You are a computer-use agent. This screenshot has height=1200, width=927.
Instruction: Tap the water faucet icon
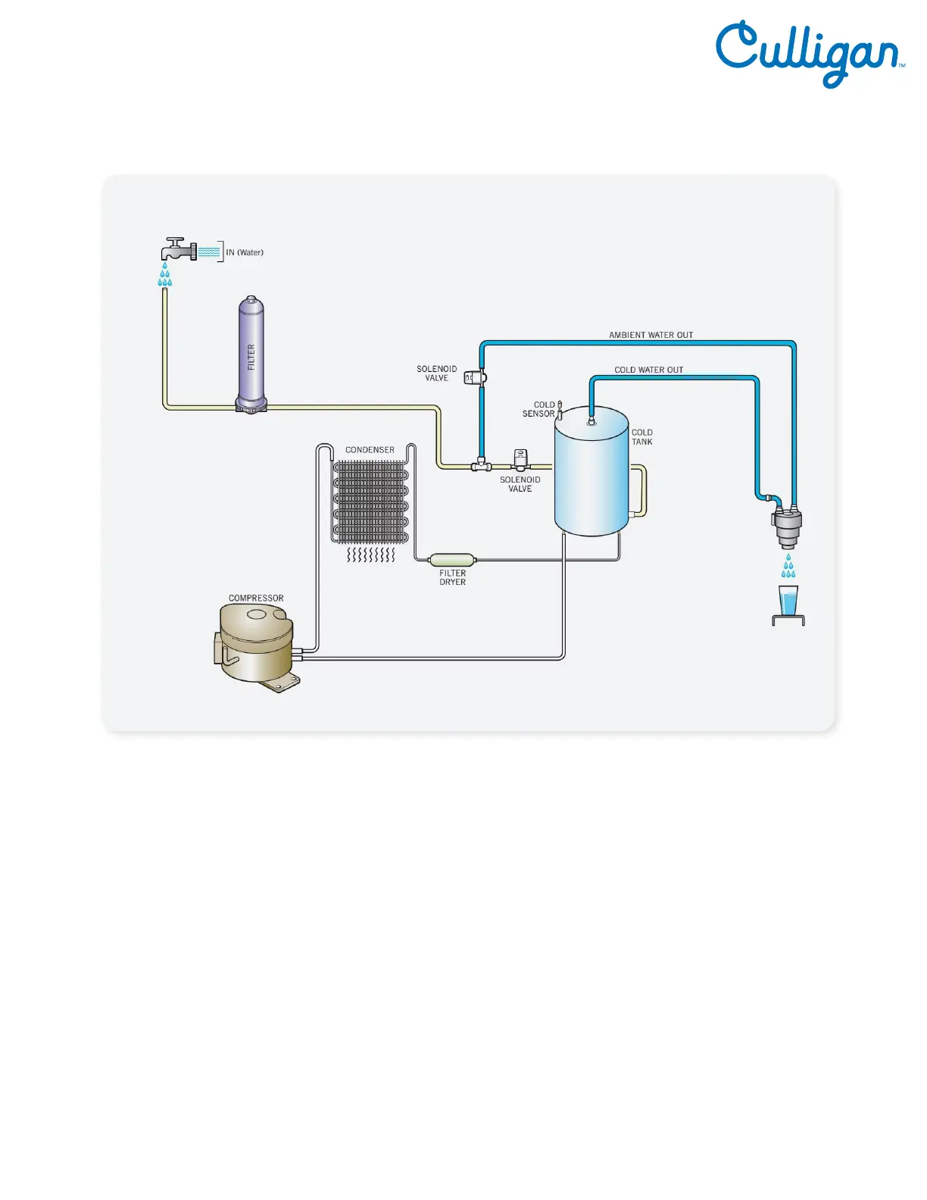tap(179, 248)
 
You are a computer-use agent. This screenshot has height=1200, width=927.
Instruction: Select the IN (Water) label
tap(245, 252)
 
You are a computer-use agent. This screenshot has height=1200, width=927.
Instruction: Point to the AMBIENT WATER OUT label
tap(651, 335)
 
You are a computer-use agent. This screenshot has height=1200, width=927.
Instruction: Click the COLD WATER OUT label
tap(648, 370)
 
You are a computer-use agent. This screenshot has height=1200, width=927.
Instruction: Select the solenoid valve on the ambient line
tap(475, 377)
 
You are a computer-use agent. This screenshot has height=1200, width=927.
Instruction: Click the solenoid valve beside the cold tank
tap(521, 460)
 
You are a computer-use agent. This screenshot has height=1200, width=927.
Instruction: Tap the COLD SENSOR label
tap(539, 409)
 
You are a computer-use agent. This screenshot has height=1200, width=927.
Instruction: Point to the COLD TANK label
tap(642, 437)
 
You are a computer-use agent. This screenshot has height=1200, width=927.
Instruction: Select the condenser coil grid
tap(371, 502)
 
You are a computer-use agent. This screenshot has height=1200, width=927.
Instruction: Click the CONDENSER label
tap(370, 450)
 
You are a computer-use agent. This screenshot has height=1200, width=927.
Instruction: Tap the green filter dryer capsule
tap(452, 560)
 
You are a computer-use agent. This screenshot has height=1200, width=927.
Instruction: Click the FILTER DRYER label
tap(452, 577)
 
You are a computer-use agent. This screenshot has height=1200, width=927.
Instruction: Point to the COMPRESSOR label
tap(256, 598)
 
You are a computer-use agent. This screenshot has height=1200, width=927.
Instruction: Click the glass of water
tap(788, 602)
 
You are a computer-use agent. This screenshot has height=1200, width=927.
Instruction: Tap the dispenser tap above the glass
tap(787, 527)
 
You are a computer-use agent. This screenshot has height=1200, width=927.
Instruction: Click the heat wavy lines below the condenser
tap(371, 556)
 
